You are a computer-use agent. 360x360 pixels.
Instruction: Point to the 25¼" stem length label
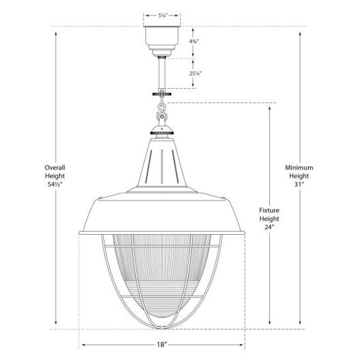pos(194,74)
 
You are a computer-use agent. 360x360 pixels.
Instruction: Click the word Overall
pos(56,168)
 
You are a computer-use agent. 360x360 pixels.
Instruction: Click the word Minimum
pos(300,168)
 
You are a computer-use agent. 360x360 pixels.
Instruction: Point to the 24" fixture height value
pos(268,228)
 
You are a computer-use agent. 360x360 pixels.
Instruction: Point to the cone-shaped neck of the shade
pos(162,162)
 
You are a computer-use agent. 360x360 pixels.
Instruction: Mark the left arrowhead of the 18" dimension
pos(82,346)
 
